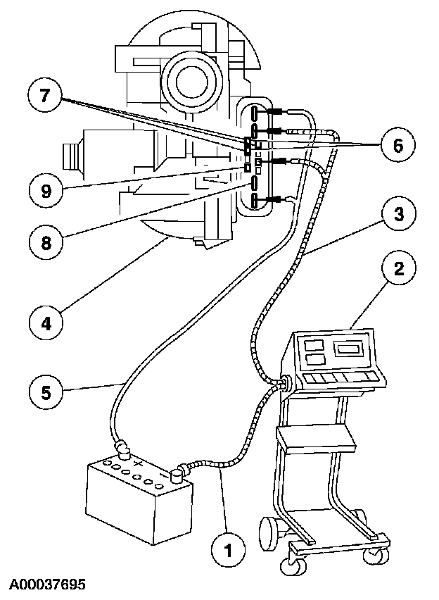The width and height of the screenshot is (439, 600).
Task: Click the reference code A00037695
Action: [x=47, y=585]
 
